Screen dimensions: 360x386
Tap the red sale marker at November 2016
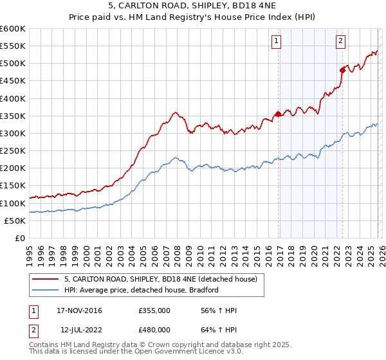[x=278, y=114]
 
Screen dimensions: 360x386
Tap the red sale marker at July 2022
[x=342, y=70]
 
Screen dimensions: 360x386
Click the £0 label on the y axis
[x=20, y=238]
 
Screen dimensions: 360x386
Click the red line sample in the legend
[x=46, y=279]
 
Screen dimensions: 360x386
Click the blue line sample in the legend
[x=46, y=290]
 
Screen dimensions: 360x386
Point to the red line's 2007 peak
[x=174, y=113]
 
